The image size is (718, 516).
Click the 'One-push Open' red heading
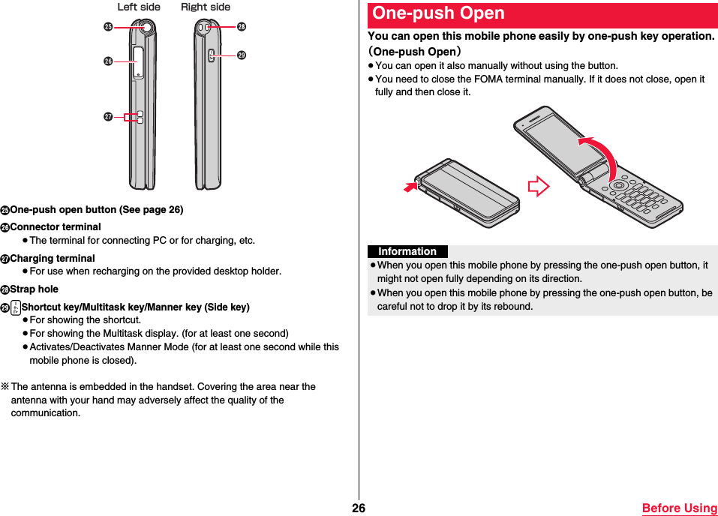(439, 14)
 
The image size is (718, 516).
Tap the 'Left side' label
(139, 7)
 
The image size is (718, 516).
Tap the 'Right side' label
(206, 7)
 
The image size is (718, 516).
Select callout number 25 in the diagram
(109, 27)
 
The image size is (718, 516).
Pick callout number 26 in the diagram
(109, 60)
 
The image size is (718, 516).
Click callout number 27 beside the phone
(109, 117)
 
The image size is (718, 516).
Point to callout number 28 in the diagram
(241, 27)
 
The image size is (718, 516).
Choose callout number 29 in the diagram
(241, 55)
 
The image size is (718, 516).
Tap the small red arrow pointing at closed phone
(410, 185)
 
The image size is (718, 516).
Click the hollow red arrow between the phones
(538, 186)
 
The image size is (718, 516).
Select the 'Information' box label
(407, 252)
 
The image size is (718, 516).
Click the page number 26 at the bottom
(359, 508)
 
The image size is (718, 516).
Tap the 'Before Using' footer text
(679, 508)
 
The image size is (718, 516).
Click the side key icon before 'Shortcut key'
(16, 307)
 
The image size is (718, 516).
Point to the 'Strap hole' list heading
(34, 289)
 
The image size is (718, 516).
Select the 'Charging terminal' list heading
(53, 259)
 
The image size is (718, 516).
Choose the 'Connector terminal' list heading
(56, 227)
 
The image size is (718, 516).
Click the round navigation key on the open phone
(619, 185)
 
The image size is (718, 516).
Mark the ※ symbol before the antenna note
(5, 387)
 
